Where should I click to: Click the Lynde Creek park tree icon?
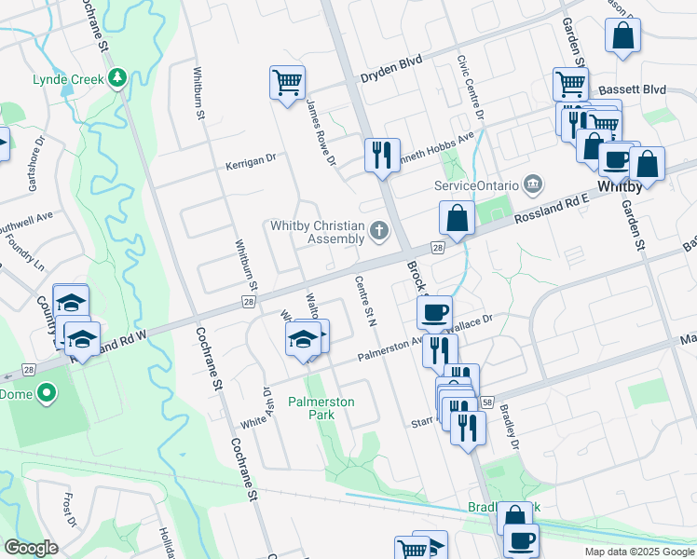coord(118,78)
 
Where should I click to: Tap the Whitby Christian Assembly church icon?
coord(378,229)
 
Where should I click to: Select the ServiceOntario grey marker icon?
coord(532,184)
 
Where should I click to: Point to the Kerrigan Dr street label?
coord(251,162)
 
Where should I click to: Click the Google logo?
coord(31,548)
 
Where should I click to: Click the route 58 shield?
coord(487,401)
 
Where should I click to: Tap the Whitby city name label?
coord(621,186)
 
